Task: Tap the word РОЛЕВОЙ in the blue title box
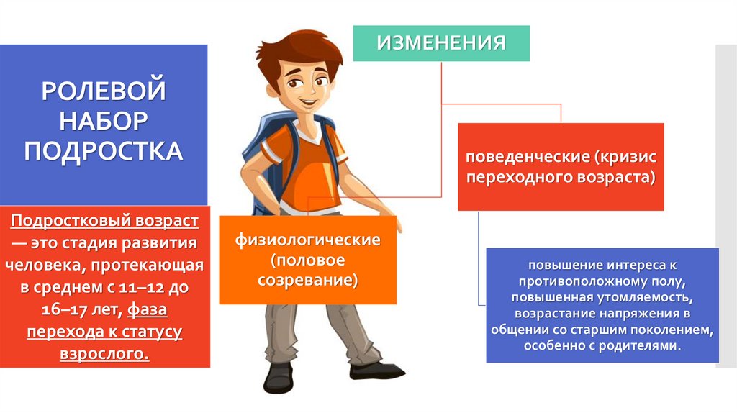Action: pos(104,91)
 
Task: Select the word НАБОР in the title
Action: pos(104,122)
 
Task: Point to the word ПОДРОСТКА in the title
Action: pos(104,152)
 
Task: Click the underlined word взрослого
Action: pos(104,355)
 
